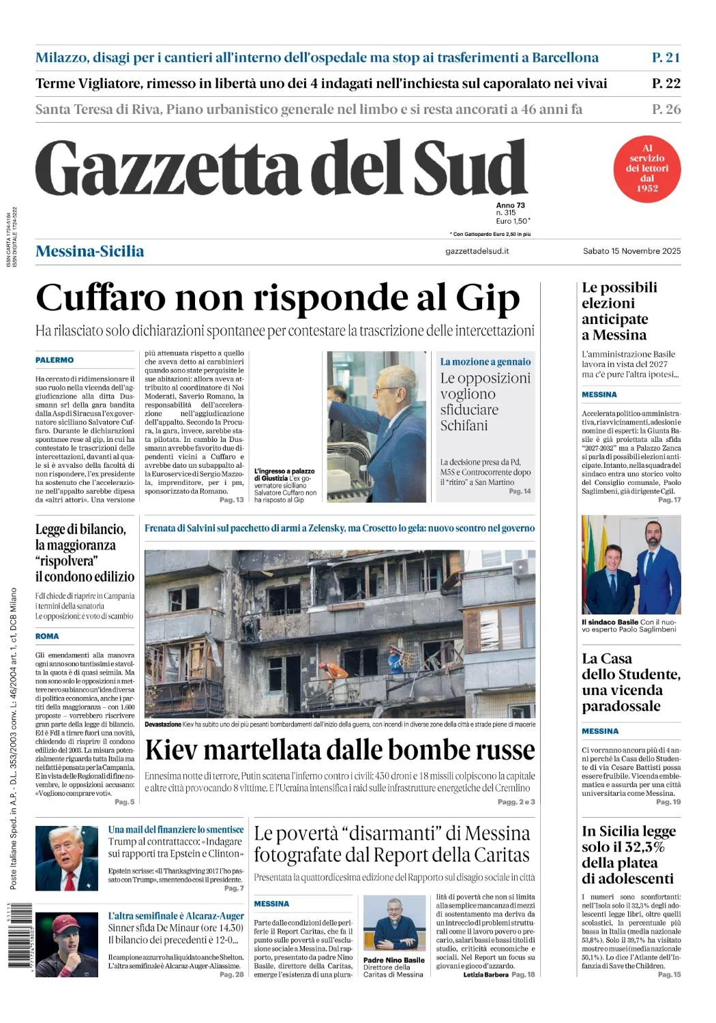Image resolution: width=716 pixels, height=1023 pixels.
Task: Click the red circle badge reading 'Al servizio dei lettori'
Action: coord(646,168)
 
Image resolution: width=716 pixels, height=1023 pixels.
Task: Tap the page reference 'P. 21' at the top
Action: coord(666,57)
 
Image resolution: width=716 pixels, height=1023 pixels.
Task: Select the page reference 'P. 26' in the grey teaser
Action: coord(666,109)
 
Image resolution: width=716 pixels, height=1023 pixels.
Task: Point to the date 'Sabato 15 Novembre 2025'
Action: coord(631,251)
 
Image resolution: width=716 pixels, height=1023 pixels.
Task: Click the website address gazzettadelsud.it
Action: coord(477,251)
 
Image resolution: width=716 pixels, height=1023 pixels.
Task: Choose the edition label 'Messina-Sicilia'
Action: coord(90,251)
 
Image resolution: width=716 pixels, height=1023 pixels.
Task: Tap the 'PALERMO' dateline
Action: coord(55,360)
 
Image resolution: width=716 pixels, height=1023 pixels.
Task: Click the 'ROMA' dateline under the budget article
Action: coord(47,636)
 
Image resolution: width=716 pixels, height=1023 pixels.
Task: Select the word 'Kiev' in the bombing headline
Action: coord(171,750)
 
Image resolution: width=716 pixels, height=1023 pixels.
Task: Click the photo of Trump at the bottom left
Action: coord(67,858)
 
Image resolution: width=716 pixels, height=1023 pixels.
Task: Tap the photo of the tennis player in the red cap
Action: coord(67,945)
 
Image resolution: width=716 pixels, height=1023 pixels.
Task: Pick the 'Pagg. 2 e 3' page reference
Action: coord(516,801)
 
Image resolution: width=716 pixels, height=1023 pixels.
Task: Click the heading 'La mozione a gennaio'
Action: coord(485,361)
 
